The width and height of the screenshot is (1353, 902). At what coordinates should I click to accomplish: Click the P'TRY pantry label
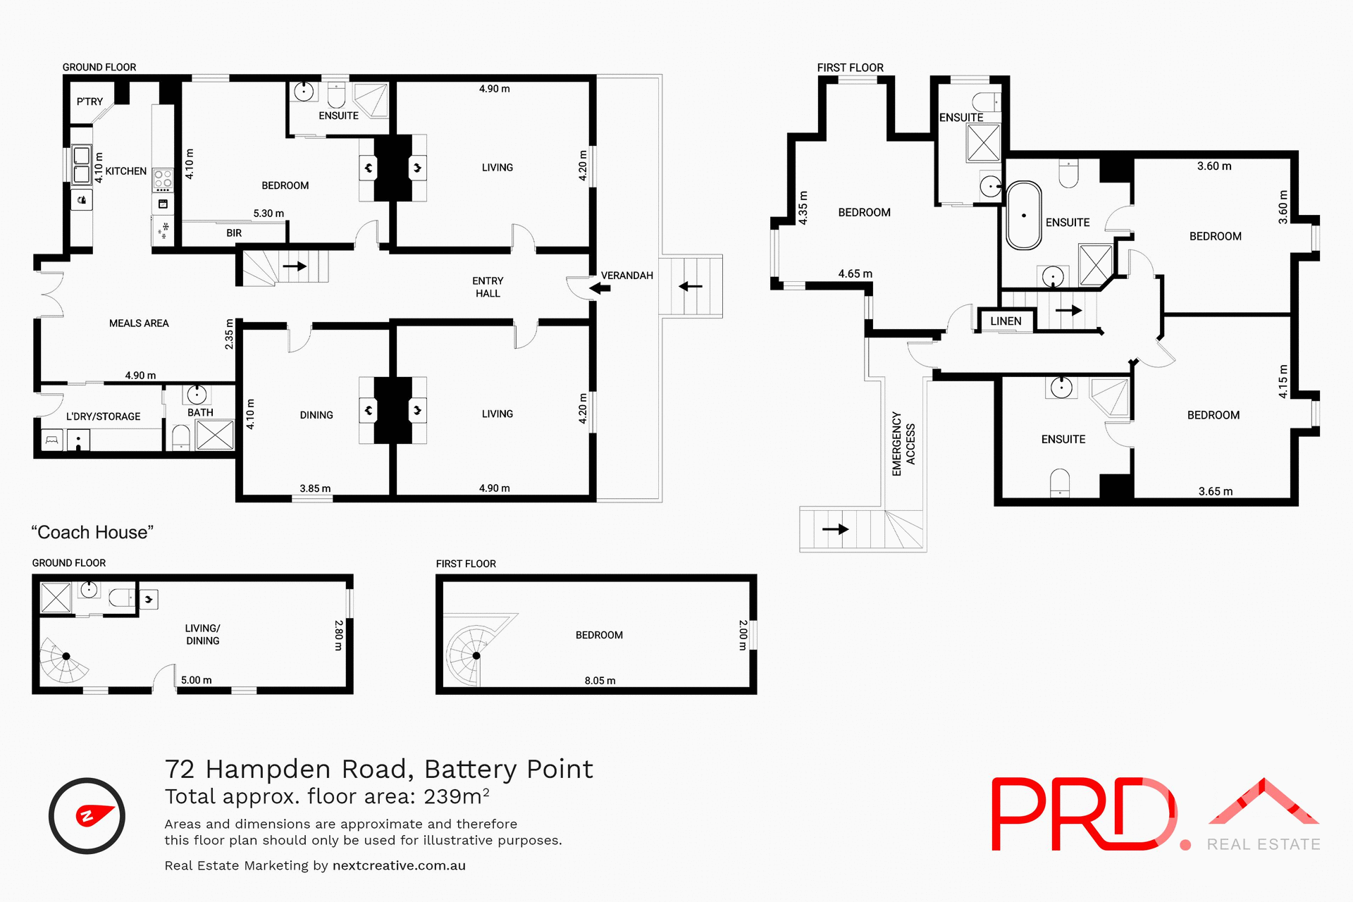coord(89,101)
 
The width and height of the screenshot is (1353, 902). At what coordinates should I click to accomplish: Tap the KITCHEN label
coord(126,171)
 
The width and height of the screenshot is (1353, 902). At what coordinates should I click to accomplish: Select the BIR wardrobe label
coord(234,233)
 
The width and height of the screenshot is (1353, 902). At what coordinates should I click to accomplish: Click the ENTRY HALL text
coord(488,287)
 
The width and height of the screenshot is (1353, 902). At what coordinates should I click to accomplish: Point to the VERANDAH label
coord(626,276)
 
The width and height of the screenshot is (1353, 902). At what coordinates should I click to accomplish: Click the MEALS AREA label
coord(139,323)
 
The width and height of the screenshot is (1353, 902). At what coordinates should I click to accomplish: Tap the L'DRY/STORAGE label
coord(103,416)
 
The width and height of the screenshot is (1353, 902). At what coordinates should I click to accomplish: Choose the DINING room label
coord(316,415)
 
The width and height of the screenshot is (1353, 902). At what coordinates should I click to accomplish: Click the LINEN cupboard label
coord(1006,321)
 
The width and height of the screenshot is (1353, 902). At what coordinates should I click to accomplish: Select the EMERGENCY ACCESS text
coord(903,444)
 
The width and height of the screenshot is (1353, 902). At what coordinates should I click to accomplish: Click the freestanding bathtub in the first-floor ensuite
coord(1024,216)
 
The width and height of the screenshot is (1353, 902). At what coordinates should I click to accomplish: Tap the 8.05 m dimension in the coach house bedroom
coord(600,681)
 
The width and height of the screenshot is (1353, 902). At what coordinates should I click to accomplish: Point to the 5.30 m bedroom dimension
coord(268,214)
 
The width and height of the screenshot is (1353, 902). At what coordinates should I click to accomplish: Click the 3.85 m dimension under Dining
coord(315,488)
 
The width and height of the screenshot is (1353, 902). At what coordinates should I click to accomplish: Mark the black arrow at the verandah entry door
coord(600,288)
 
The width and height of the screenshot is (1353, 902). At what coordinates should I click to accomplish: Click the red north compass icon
coord(87,816)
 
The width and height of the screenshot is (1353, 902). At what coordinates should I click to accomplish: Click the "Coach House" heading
coord(92,533)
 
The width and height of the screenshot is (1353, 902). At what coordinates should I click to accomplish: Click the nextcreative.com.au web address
coord(399,865)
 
